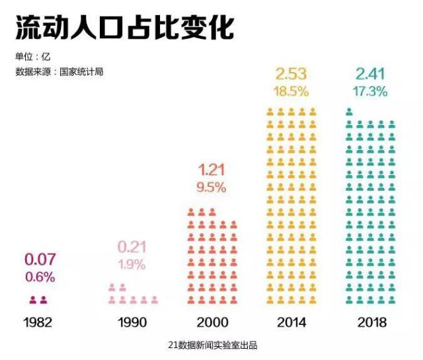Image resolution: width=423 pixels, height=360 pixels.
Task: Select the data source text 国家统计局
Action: (81, 71)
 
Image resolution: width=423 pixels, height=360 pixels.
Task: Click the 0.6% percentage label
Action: (40, 277)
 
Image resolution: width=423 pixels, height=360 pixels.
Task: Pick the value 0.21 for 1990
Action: (133, 248)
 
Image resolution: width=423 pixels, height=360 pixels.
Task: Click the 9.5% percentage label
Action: (211, 188)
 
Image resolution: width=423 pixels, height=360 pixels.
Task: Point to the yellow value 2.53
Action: (291, 72)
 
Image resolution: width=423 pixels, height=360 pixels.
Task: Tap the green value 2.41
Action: (370, 73)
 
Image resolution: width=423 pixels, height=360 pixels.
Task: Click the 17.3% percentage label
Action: (370, 92)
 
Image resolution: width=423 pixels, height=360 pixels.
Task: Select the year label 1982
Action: (38, 323)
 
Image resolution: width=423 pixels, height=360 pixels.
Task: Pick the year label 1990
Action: (133, 323)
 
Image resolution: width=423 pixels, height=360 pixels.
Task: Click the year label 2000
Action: (212, 323)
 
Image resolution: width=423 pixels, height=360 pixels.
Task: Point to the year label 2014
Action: (291, 323)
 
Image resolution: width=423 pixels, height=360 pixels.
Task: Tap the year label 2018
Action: (370, 323)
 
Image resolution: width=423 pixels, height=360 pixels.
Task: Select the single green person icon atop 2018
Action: (349, 112)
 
